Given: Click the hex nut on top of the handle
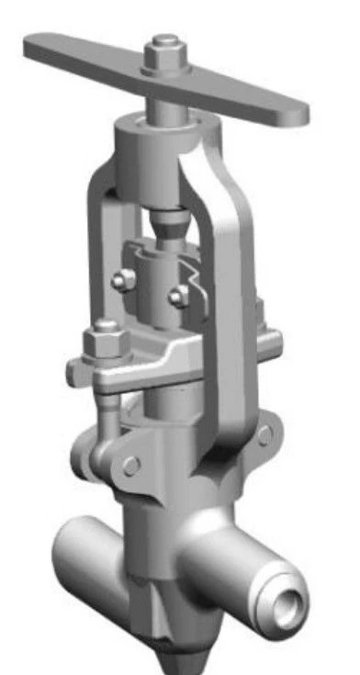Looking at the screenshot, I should pos(166,57).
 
